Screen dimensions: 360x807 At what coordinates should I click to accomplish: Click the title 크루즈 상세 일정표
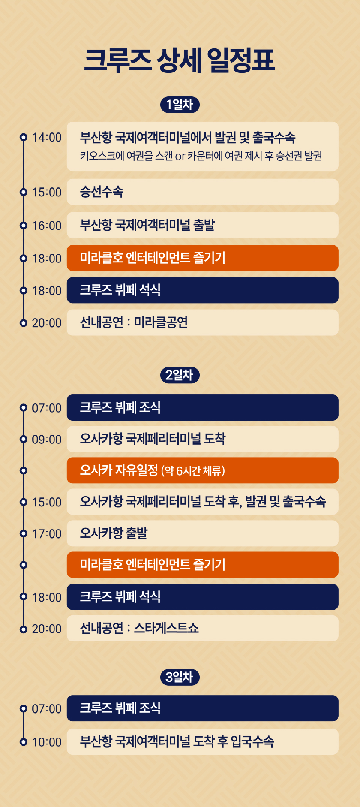pos(180,60)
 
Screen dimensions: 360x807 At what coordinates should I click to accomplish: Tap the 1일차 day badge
pos(180,105)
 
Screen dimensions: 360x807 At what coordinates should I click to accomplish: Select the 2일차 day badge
pos(180,375)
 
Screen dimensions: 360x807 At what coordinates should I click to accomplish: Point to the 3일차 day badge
pos(180,677)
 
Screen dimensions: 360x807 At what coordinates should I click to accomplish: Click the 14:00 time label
pos(47,137)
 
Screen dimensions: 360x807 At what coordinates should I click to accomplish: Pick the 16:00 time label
pos(47,226)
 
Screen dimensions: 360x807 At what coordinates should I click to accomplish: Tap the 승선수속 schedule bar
pos(203,192)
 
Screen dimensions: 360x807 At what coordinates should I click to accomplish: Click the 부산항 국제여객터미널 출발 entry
pos(203,225)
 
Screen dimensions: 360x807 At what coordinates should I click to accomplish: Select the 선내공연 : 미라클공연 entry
pos(203,322)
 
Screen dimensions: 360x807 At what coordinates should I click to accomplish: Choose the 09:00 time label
pos(47,440)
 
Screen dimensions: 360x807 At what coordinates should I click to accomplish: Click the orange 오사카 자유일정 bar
pos(203,470)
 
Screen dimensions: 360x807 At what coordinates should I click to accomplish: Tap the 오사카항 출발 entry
pos(203,533)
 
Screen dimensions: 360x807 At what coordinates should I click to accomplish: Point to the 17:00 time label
pos(47,534)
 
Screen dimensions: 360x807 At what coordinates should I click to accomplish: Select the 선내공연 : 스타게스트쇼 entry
pos(203,629)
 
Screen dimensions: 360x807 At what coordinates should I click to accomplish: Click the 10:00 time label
pos(47,742)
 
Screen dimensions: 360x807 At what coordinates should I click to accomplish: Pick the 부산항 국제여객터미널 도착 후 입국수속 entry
pos(203,742)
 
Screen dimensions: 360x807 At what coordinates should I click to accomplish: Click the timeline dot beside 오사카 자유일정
pos(24,470)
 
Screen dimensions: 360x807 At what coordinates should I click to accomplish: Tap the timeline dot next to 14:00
pos(24,137)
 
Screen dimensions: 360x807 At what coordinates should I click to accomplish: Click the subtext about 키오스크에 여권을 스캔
pos(201,156)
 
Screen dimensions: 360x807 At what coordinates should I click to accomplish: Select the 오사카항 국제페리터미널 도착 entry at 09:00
pos(203,439)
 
